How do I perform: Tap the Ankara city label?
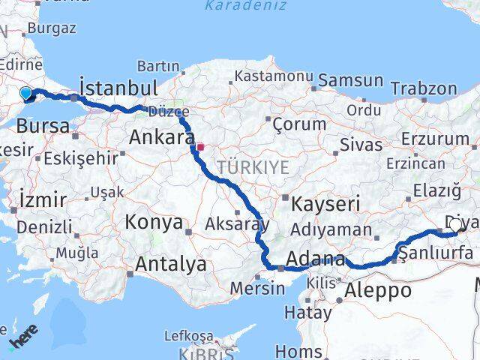pyautogui.click(x=161, y=137)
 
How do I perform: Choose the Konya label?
pyautogui.click(x=154, y=222)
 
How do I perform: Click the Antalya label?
pyautogui.click(x=170, y=264)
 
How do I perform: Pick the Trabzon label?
pyautogui.click(x=424, y=88)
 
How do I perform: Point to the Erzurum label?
pyautogui.click(x=435, y=139)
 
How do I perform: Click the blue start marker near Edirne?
pyautogui.click(x=26, y=93)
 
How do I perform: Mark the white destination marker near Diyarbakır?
pyautogui.click(x=454, y=224)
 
